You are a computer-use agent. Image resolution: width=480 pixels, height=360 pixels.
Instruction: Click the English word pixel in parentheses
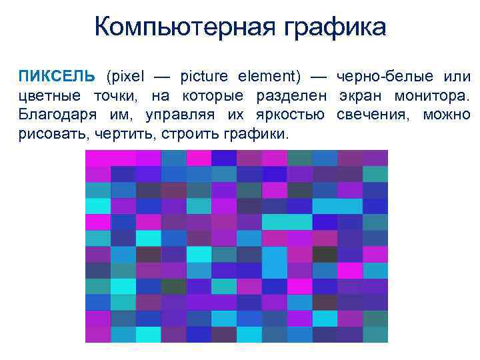pos(124,77)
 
